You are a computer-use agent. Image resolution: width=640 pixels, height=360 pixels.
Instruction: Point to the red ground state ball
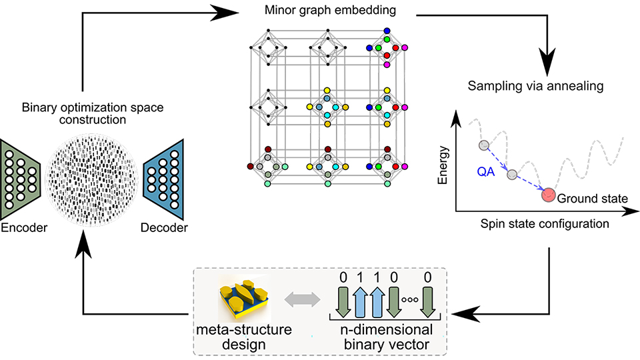549,195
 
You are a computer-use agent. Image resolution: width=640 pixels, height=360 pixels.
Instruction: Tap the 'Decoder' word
165,228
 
